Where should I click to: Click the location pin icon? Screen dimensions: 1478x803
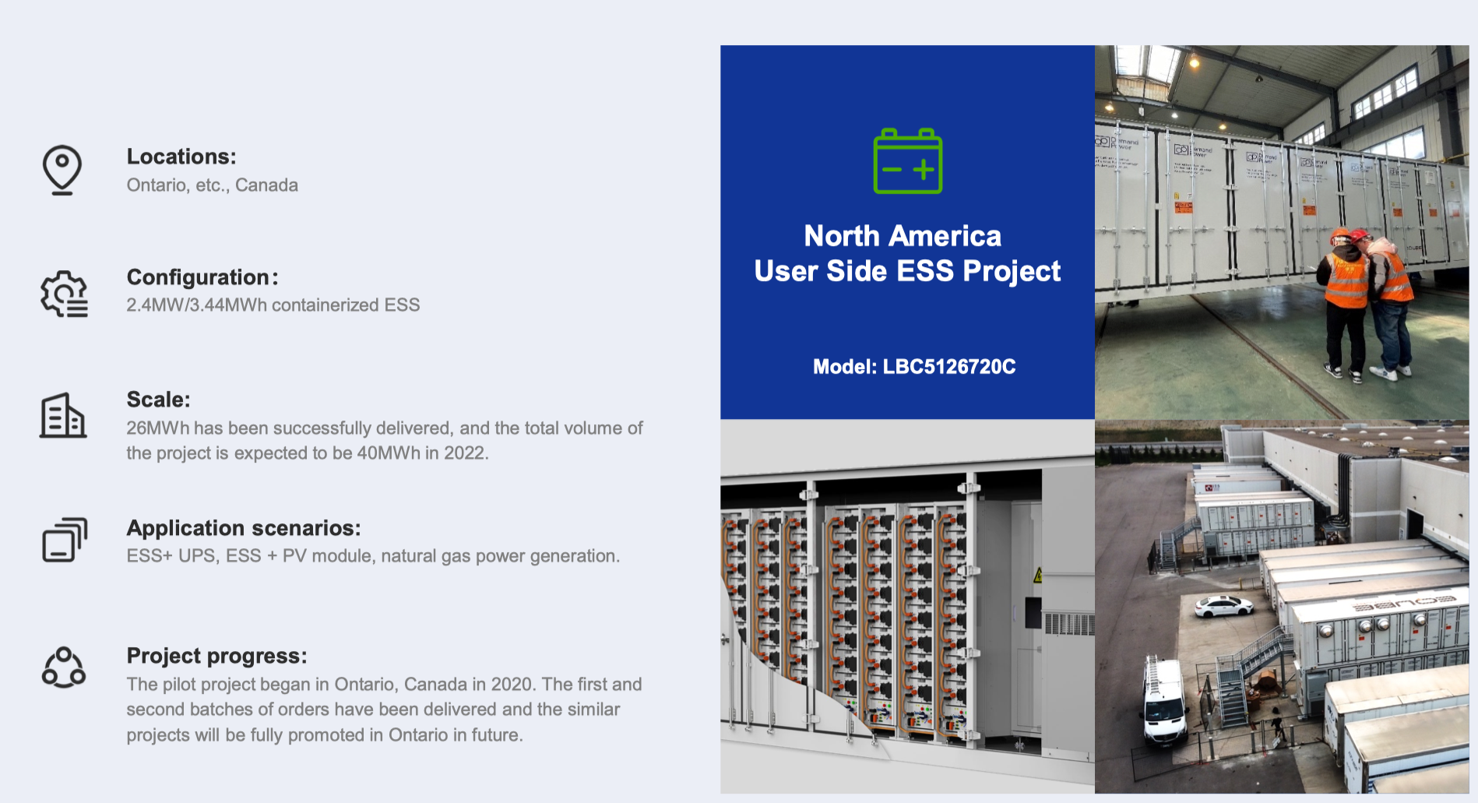pyautogui.click(x=62, y=169)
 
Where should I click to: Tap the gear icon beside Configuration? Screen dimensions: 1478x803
pyautogui.click(x=65, y=294)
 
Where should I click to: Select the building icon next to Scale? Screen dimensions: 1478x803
pyautogui.click(x=63, y=415)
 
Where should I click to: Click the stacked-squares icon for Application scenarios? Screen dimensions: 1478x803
pyautogui.click(x=65, y=540)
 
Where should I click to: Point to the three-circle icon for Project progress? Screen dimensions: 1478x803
pyautogui.click(x=64, y=667)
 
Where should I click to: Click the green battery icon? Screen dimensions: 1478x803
pyautogui.click(x=907, y=160)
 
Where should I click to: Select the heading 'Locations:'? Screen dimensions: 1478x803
pyautogui.click(x=181, y=157)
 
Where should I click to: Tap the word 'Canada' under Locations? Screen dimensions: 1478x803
pyautogui.click(x=266, y=185)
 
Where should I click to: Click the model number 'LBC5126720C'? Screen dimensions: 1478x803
pyautogui.click(x=949, y=367)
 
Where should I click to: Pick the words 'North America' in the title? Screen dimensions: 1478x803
pyautogui.click(x=903, y=236)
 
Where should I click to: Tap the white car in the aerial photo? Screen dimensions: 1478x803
pyautogui.click(x=1224, y=605)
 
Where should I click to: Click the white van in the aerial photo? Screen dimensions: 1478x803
pyautogui.click(x=1164, y=701)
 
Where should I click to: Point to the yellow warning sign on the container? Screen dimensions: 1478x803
pyautogui.click(x=1037, y=576)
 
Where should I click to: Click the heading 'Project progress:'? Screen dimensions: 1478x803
pyautogui.click(x=217, y=656)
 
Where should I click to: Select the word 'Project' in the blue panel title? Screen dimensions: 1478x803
pyautogui.click(x=1012, y=272)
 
